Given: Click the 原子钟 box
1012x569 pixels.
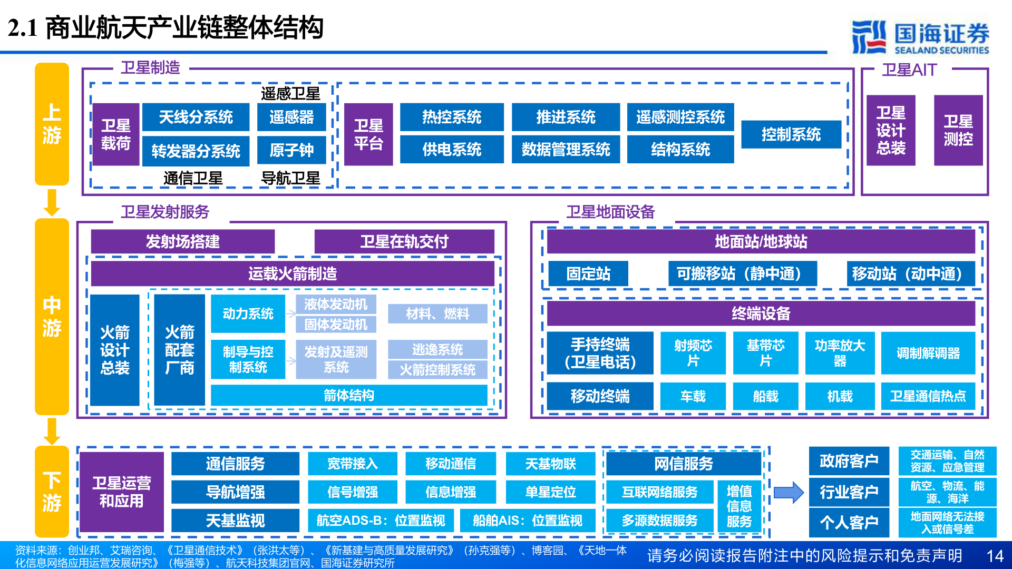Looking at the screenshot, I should [x=291, y=150].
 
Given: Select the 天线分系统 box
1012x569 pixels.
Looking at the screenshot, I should [x=196, y=117].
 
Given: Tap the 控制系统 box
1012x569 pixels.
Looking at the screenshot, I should [x=791, y=134].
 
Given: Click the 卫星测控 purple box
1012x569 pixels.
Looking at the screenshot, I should [x=958, y=130].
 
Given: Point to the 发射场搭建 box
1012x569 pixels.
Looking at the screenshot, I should [x=182, y=241].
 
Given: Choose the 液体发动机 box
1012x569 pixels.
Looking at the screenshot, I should [x=336, y=304].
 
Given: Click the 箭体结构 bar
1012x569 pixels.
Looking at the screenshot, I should [x=348, y=395].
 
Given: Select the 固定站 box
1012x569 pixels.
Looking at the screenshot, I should [x=588, y=273].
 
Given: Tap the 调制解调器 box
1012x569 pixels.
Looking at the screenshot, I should [x=928, y=353].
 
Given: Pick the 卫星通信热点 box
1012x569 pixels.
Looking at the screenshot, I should [x=928, y=396].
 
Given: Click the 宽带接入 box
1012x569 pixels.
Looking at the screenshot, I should [x=352, y=464].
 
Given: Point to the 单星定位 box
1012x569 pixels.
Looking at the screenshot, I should [x=550, y=492].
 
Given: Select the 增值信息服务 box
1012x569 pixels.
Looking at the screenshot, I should [x=739, y=506].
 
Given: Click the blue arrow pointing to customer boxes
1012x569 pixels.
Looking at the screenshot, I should [x=789, y=493].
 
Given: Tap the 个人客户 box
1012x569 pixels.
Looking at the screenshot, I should [x=849, y=522].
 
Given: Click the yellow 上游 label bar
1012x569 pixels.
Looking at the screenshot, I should [x=52, y=124].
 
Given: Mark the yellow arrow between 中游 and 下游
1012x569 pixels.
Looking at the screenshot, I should [x=52, y=431].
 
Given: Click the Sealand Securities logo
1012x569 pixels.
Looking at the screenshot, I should [x=920, y=37].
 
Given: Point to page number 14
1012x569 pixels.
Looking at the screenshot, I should [x=995, y=556].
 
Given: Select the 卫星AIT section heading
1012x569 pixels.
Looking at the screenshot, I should [x=909, y=70].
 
